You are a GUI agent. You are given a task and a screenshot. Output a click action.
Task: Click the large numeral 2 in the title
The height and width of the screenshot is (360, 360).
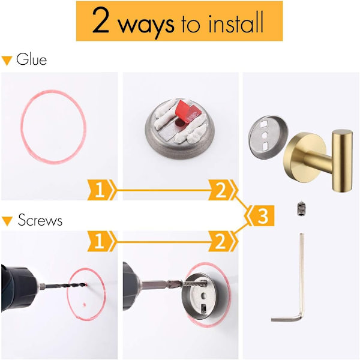pos(101,20)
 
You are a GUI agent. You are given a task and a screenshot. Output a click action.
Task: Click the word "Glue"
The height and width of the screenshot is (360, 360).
pos(31,59)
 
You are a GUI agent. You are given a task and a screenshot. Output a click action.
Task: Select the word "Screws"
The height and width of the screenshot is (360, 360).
pos(40,220)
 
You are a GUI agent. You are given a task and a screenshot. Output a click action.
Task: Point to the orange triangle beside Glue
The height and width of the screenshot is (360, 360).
pos(7,61)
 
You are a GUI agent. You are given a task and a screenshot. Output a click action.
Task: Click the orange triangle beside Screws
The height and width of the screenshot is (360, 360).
pos(7,221)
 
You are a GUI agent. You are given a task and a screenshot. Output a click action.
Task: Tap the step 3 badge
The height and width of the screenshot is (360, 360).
pos(261,215)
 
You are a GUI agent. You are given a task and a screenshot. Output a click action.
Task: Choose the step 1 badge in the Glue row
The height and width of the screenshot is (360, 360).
pos(101,190)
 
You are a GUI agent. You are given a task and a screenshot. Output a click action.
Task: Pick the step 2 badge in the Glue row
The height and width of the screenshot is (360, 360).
pos(222,190)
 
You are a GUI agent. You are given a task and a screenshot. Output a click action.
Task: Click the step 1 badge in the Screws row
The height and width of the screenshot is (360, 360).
pos(101,241)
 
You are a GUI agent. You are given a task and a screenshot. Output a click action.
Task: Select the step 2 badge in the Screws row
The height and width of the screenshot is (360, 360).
pos(222,241)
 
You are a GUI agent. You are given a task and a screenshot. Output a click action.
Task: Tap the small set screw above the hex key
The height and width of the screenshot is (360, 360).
pos(301,208)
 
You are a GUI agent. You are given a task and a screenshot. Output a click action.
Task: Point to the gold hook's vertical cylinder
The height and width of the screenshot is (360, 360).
pos(342,161)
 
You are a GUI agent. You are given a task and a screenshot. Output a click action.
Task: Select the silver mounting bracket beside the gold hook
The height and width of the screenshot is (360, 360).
pos(268,137)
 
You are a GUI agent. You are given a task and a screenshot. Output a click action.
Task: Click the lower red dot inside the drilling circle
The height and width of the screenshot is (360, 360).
pos(85,305)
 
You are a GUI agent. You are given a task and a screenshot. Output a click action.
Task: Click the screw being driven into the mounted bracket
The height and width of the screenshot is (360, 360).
pos(195,284)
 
